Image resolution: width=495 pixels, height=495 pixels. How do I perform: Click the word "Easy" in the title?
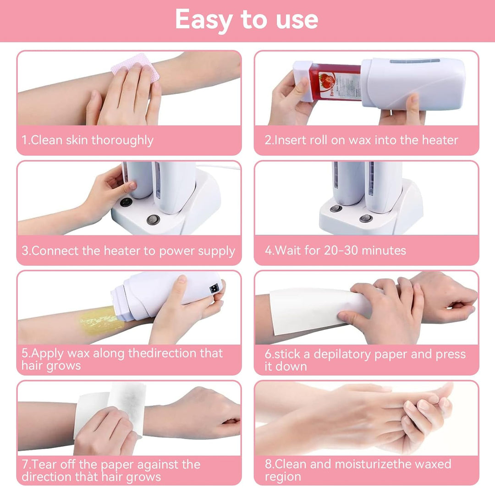coord(204,20)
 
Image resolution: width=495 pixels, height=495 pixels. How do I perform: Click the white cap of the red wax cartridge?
coord(302,81)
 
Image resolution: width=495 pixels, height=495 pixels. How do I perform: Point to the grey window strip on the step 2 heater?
coord(415,60)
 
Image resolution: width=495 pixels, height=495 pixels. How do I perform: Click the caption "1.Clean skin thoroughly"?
coord(88,140)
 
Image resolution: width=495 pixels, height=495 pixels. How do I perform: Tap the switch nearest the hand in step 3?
coord(126,202)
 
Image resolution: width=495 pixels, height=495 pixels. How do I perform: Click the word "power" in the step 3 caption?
coord(177,251)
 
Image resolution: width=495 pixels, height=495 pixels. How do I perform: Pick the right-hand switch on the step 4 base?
coord(366,218)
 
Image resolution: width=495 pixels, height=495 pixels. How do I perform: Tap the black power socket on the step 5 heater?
coord(214,289)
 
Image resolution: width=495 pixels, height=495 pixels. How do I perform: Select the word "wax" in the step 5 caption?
coord(79,353)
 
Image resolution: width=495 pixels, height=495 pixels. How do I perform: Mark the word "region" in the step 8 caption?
coord(283,476)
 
